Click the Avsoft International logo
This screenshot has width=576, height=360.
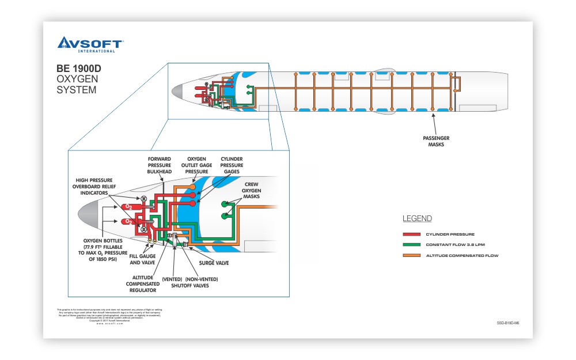click(x=90, y=44)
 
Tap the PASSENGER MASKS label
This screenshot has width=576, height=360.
click(x=435, y=141)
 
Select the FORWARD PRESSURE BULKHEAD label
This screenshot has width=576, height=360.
click(x=160, y=165)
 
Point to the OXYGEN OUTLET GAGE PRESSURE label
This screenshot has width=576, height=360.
click(x=196, y=165)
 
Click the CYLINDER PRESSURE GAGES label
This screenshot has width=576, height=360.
click(x=232, y=165)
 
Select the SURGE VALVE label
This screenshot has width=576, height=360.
click(x=214, y=263)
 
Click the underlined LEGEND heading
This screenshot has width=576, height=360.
click(x=416, y=219)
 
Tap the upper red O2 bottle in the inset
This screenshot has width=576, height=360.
click(x=127, y=206)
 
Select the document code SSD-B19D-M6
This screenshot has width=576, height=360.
click(x=507, y=324)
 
